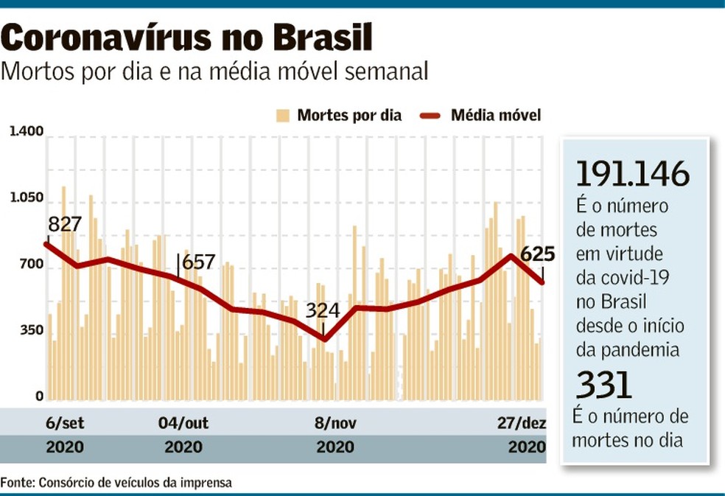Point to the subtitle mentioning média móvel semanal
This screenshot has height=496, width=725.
[215, 72]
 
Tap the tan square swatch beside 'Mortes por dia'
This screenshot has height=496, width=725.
[282, 115]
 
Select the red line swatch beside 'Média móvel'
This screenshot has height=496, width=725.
[430, 115]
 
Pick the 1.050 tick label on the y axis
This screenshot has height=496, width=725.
[26, 200]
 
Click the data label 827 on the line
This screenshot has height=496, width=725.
[64, 225]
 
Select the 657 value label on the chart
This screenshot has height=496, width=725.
[198, 262]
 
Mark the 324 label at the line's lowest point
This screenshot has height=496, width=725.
[323, 310]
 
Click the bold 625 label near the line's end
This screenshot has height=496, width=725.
[537, 254]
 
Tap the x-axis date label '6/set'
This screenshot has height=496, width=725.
[64, 423]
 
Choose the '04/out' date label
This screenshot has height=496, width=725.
[183, 423]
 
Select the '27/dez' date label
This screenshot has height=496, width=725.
[522, 423]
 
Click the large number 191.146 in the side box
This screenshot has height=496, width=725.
[633, 174]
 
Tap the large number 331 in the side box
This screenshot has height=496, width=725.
[603, 385]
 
